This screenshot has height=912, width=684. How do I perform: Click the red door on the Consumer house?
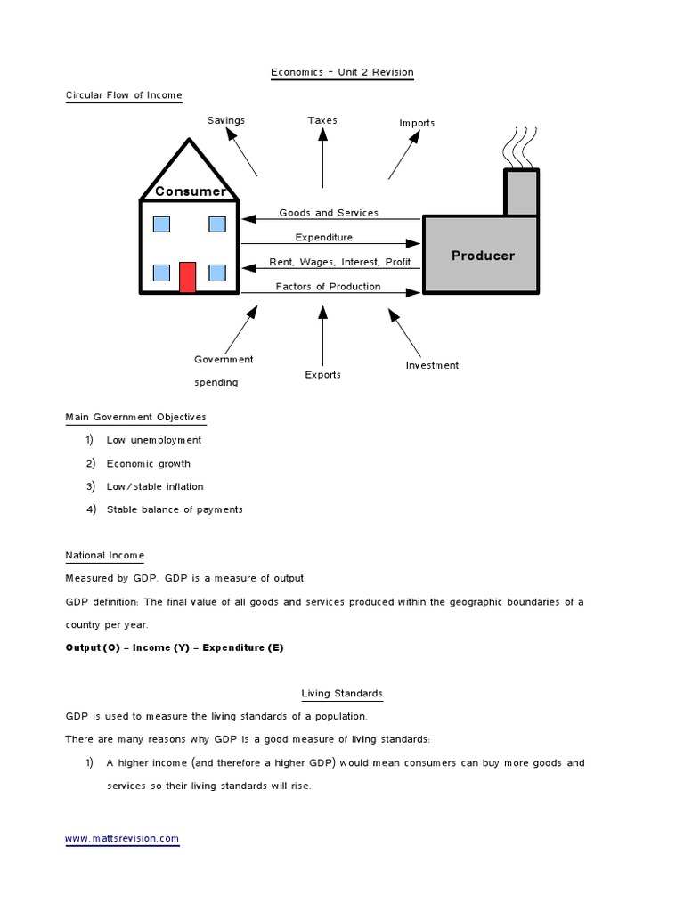(187, 277)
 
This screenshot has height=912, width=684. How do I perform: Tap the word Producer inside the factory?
(483, 256)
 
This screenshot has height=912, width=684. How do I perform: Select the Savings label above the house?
(226, 120)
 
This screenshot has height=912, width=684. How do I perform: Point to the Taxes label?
(322, 120)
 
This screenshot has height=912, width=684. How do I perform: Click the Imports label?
(417, 123)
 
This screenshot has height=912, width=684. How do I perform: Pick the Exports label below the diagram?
(322, 375)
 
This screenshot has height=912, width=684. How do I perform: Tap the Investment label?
(432, 365)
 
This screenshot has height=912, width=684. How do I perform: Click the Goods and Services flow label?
(329, 213)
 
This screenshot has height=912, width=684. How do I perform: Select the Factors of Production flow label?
(328, 287)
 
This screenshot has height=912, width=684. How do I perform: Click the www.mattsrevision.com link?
(123, 839)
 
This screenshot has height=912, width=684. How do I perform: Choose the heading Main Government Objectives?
(136, 417)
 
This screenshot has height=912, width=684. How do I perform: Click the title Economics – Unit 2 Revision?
(342, 73)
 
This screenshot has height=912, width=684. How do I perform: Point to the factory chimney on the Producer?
(521, 191)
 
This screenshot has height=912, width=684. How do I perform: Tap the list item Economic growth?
(148, 464)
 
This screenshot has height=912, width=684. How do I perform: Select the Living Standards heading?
(342, 694)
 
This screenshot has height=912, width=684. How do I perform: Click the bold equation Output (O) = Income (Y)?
(175, 647)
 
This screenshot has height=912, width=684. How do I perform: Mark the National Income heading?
(105, 556)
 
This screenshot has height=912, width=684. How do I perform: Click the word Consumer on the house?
(191, 191)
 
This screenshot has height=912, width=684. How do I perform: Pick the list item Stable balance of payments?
(175, 510)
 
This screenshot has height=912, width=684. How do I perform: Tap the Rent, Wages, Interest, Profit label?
(340, 262)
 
